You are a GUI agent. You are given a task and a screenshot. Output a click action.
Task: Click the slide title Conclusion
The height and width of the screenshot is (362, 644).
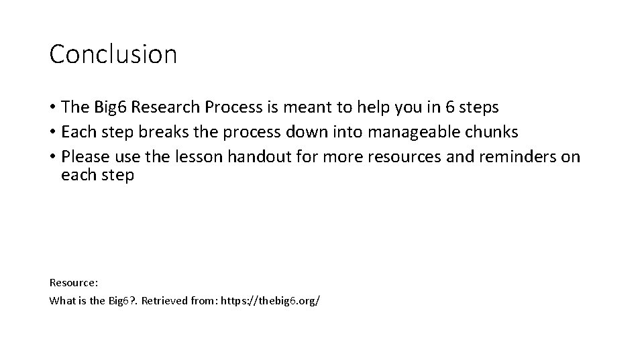point(113,54)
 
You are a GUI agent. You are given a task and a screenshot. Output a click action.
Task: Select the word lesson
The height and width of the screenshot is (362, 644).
point(200,157)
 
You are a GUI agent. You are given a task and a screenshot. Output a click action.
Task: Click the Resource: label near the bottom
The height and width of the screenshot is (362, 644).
point(74,282)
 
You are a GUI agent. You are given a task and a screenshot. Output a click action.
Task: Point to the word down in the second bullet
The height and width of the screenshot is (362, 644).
point(290,132)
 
